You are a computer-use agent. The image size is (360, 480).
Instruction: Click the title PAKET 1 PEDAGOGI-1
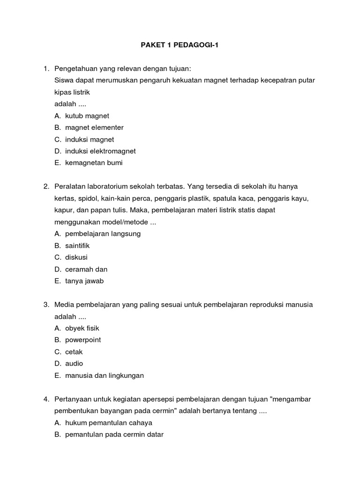180,45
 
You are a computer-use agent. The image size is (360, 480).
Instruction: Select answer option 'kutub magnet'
87,116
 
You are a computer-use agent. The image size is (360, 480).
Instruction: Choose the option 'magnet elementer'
94,127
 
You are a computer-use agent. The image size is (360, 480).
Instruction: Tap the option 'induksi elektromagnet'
100,151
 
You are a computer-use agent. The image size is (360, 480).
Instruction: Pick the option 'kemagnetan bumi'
94,163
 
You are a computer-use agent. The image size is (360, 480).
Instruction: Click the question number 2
46,187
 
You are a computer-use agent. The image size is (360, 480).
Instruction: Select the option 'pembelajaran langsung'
103,233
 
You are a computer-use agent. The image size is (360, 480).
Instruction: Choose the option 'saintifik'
77,246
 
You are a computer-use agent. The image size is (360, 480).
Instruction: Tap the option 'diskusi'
76,257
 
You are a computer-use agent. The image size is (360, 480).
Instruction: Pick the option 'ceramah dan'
86,269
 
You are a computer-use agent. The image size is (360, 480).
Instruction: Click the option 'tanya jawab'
84,281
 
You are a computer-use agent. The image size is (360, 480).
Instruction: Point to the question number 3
46,305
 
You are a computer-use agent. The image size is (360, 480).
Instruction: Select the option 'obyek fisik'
82,328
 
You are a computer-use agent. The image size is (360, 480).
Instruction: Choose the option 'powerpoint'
83,340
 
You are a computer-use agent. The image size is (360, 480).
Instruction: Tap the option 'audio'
74,363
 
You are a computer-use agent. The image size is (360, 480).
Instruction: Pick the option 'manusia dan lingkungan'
104,375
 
